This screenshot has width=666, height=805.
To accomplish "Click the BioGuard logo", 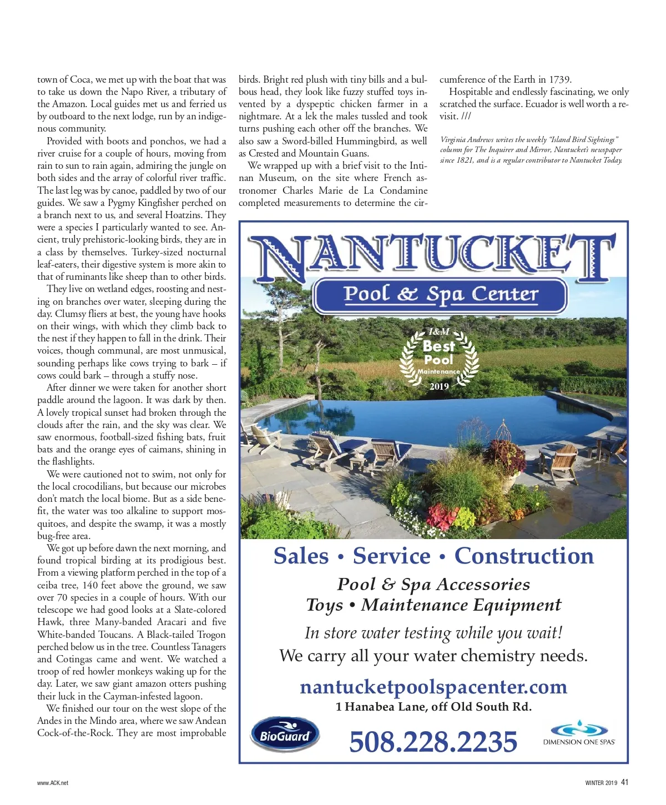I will [285, 736].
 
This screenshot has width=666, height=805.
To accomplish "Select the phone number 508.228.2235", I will [433, 742].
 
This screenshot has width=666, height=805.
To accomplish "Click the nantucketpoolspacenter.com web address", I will [433, 687].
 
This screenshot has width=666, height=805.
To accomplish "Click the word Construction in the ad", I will [524, 556].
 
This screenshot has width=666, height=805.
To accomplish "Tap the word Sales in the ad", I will [301, 556].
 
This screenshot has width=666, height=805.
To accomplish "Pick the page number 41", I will [625, 782].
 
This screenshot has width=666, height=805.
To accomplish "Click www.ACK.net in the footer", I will [53, 783].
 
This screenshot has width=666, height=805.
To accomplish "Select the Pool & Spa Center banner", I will [441, 294].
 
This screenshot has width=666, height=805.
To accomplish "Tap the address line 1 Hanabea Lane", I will [433, 707].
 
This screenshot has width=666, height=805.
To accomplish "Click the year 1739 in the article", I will [559, 79].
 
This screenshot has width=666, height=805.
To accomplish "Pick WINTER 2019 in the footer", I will [601, 783].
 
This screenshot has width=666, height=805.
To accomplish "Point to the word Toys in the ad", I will [325, 605].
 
